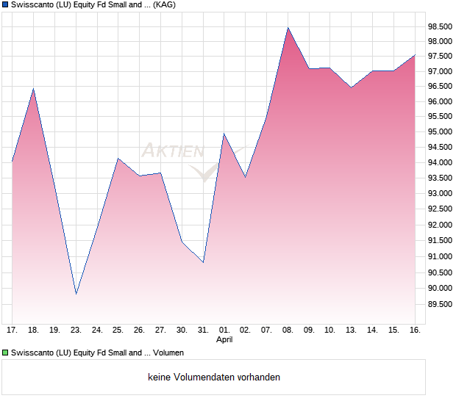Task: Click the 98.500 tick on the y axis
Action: pyautogui.click(x=440, y=26)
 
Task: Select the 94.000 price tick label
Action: pyautogui.click(x=440, y=162)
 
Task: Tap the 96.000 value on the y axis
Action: pyautogui.click(x=440, y=101)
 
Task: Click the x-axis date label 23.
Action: pyautogui.click(x=76, y=330)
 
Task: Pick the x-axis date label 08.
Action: pyautogui.click(x=288, y=330)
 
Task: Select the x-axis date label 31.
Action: pyautogui.click(x=203, y=330)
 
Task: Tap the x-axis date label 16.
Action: pyautogui.click(x=415, y=330)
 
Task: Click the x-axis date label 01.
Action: pyautogui.click(x=224, y=330)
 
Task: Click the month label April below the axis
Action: pyautogui.click(x=224, y=340)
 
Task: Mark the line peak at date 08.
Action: pyautogui.click(x=288, y=27)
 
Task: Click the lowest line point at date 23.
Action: pyautogui.click(x=76, y=295)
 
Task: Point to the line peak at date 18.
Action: pyautogui.click(x=33, y=89)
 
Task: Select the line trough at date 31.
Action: pyautogui.click(x=203, y=262)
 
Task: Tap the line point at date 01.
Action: pyautogui.click(x=224, y=133)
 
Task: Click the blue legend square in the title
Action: pyautogui.click(x=5, y=5)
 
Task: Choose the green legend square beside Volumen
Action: pyautogui.click(x=5, y=353)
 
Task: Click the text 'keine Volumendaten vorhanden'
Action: pyautogui.click(x=214, y=377)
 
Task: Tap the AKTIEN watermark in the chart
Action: pyautogui.click(x=173, y=151)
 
